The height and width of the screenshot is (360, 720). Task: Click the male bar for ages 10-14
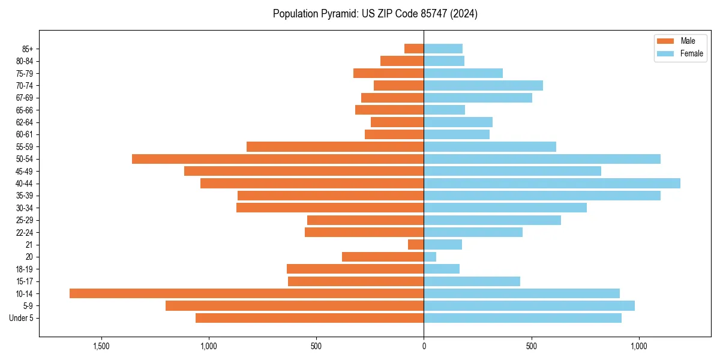click(247, 293)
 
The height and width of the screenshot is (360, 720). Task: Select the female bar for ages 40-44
click(552, 184)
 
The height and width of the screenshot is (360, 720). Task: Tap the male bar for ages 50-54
click(278, 159)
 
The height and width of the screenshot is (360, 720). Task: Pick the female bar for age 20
click(430, 257)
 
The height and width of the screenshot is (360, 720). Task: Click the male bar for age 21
click(416, 245)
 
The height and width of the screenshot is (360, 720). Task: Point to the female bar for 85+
click(443, 49)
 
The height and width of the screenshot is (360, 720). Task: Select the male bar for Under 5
click(310, 318)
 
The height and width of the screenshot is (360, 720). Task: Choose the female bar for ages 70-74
click(484, 86)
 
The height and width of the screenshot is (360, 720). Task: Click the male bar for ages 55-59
click(335, 147)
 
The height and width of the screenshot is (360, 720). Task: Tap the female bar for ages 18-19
click(442, 269)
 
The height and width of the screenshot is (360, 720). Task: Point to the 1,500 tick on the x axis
click(101, 346)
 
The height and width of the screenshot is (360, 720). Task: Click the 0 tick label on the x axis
click(424, 346)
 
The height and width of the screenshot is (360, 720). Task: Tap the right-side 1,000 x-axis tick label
click(639, 346)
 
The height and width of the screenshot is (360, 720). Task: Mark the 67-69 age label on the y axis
click(25, 98)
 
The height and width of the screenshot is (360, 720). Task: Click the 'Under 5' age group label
click(22, 318)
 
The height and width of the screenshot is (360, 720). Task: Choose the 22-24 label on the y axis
click(25, 232)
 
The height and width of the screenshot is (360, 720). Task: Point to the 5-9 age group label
click(28, 306)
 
